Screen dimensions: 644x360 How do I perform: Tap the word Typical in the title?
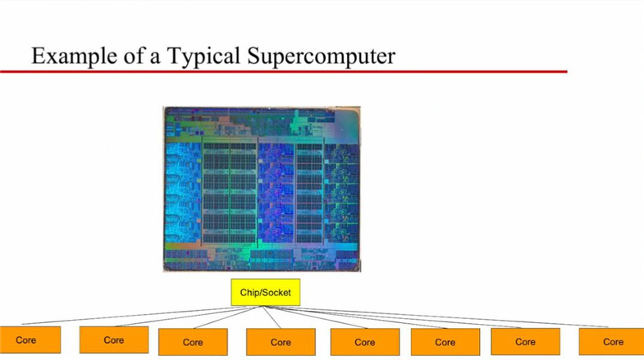pyautogui.click(x=203, y=57)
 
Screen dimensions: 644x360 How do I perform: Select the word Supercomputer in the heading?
pyautogui.click(x=321, y=57)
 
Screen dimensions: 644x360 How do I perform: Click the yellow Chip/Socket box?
pyautogui.click(x=265, y=292)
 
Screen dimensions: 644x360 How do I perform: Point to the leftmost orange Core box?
pyautogui.click(x=30, y=339)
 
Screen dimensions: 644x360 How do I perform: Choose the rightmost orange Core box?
pyautogui.click(x=611, y=341)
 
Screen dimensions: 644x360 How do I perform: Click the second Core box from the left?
pyautogui.click(x=114, y=339)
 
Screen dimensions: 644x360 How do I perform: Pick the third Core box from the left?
pyautogui.click(x=193, y=342)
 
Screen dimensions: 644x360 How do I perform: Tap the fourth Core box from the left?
pyautogui.click(x=281, y=342)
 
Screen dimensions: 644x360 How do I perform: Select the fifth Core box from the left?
pyautogui.click(x=365, y=342)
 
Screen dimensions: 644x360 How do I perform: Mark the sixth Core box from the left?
pyautogui.click(x=445, y=342)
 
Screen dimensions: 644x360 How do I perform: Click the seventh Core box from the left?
pyautogui.click(x=525, y=341)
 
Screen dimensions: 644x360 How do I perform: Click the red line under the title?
pyautogui.click(x=283, y=72)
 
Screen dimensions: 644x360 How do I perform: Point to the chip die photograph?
pyautogui.click(x=262, y=189)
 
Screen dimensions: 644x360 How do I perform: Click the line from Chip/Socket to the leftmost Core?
pyautogui.click(x=144, y=315)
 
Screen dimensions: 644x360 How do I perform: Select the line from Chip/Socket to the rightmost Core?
pyautogui.click(x=436, y=317)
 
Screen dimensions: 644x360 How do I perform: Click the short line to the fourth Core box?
pyautogui.click(x=272, y=317)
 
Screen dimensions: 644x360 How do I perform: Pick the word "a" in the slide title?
pyautogui.click(x=154, y=59)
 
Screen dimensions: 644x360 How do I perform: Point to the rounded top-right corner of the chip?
pyautogui.click(x=357, y=111)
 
